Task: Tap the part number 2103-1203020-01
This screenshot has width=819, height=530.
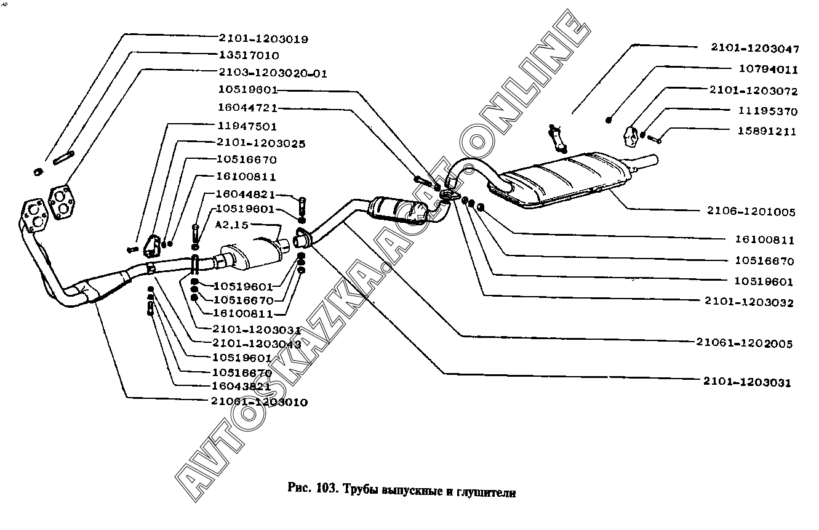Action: pyautogui.click(x=273, y=73)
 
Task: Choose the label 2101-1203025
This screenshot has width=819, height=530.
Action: pyautogui.click(x=261, y=143)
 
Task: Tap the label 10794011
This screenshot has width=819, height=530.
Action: pyautogui.click(x=767, y=70)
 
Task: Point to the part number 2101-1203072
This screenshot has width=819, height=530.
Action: pyautogui.click(x=753, y=91)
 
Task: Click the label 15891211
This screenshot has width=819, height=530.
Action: pyautogui.click(x=766, y=131)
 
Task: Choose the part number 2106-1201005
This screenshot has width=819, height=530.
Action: pyautogui.click(x=751, y=212)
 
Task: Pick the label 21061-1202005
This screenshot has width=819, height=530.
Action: pyautogui.click(x=745, y=343)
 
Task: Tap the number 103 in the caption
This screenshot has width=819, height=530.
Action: pyautogui.click(x=325, y=491)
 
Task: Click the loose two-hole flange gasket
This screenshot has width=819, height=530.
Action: pyautogui.click(x=60, y=202)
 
